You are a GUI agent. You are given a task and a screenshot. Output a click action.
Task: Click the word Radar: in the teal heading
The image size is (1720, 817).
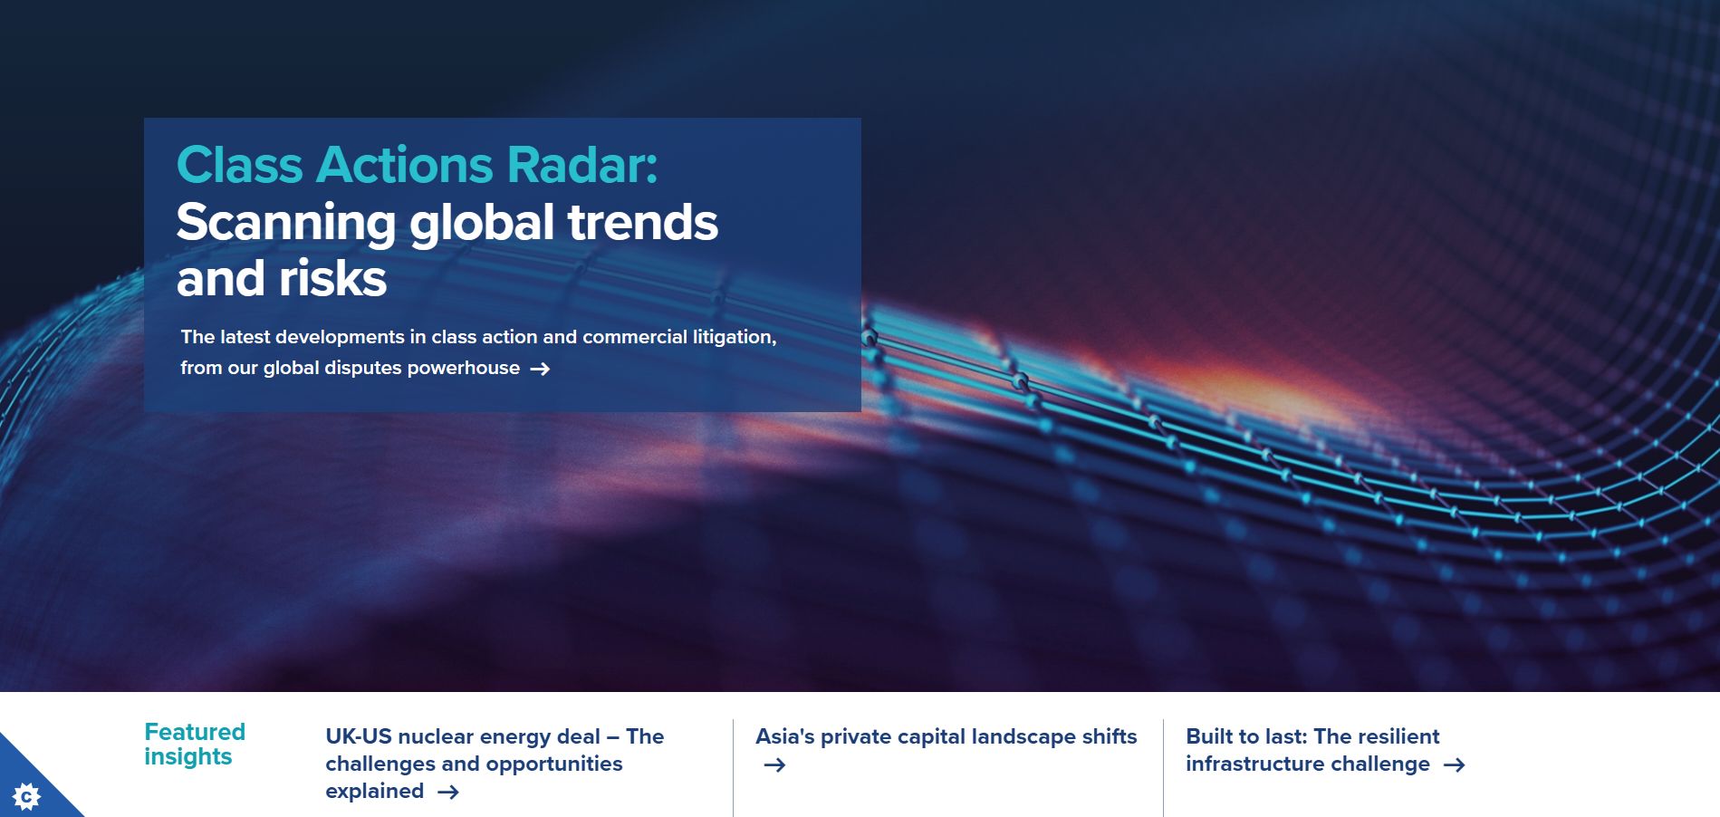pyautogui.click(x=582, y=165)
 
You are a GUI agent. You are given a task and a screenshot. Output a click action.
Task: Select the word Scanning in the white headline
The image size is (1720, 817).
pyautogui.click(x=286, y=223)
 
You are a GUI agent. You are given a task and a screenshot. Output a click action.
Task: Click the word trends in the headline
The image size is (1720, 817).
pyautogui.click(x=642, y=223)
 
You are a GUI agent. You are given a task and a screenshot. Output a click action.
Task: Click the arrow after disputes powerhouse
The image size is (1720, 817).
pyautogui.click(x=540, y=369)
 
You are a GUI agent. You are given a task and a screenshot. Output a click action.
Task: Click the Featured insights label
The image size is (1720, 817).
pyautogui.click(x=195, y=744)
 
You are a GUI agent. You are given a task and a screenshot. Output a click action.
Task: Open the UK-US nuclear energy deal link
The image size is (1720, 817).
pyautogui.click(x=495, y=764)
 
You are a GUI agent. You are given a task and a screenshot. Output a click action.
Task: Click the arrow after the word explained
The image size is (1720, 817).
pyautogui.click(x=448, y=793)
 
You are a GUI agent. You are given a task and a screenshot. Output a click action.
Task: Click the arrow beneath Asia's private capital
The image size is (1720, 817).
pyautogui.click(x=774, y=765)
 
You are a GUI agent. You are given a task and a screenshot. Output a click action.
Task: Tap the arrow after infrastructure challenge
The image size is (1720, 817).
pyautogui.click(x=1454, y=765)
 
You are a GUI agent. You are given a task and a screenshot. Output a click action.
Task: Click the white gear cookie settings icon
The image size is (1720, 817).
pyautogui.click(x=27, y=797)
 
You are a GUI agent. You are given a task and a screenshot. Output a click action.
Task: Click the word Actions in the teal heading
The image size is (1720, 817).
pyautogui.click(x=405, y=165)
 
